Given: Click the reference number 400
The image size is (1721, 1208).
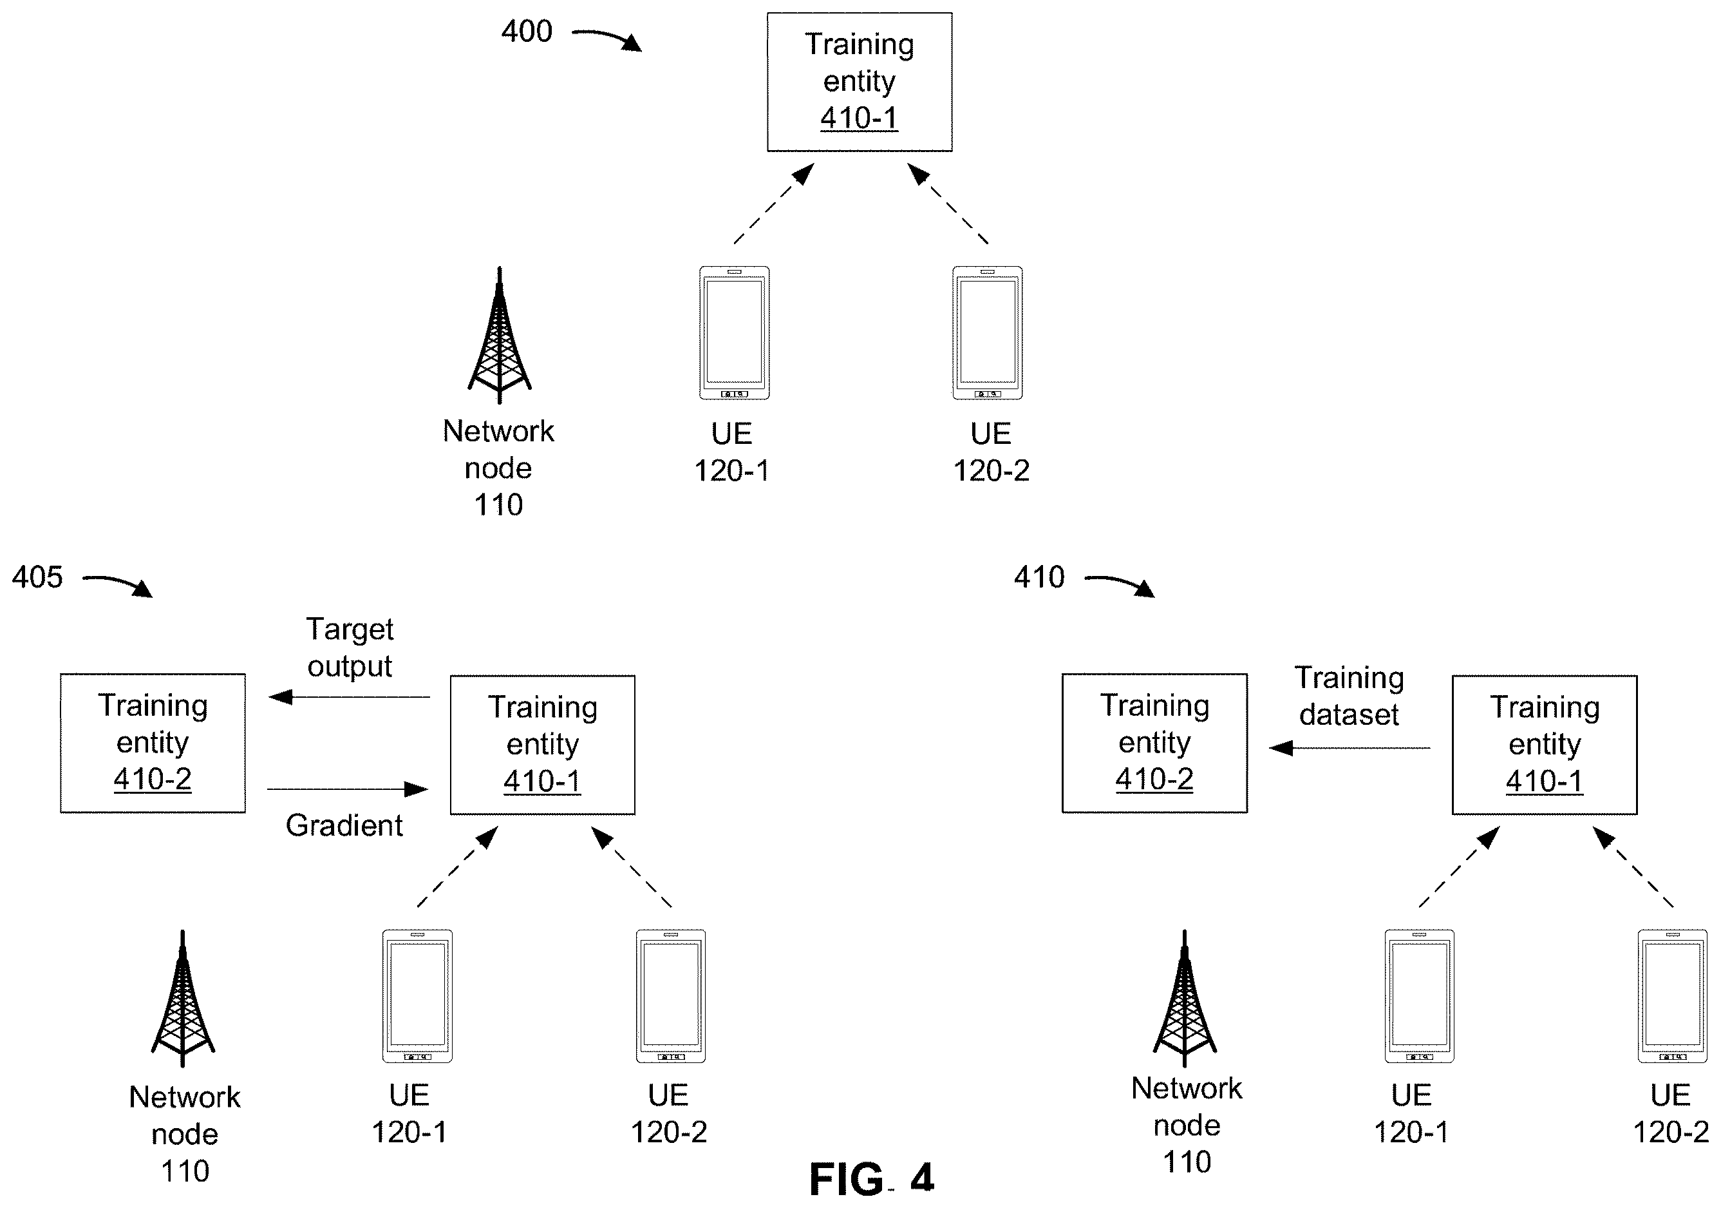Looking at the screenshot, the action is click(x=527, y=32).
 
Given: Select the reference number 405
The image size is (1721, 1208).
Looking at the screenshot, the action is click(x=37, y=577).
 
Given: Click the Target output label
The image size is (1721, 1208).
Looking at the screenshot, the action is click(x=350, y=648).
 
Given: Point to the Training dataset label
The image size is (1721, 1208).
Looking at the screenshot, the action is click(x=1350, y=696).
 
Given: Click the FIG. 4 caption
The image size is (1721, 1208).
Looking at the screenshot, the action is click(x=872, y=1178).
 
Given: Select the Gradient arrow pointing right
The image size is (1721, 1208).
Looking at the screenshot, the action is click(x=348, y=789).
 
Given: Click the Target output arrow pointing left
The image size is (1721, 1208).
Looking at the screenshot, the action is click(x=350, y=697).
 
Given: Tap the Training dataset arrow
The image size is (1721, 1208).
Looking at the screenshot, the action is click(x=1350, y=747).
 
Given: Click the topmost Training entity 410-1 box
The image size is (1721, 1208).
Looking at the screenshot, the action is click(x=860, y=82).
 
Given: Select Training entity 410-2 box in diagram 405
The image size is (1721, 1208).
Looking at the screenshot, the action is click(x=153, y=743).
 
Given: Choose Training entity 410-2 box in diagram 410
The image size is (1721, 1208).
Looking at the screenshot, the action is click(x=1155, y=743).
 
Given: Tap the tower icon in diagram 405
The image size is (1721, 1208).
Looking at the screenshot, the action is click(x=183, y=998).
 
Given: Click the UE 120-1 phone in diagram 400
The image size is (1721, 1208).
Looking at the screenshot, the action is click(x=735, y=333).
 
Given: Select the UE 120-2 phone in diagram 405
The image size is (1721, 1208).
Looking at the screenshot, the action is click(x=671, y=997).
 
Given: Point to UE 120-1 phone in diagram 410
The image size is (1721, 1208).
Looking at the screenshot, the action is click(x=1420, y=997).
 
